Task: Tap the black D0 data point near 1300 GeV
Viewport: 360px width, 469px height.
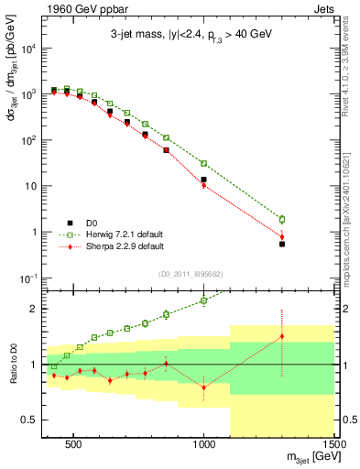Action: [x=282, y=244]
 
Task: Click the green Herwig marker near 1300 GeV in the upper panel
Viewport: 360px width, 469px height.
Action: [x=282, y=220]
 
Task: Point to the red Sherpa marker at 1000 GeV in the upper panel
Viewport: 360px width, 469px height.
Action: [x=203, y=186]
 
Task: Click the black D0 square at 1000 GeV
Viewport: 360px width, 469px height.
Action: [x=203, y=180]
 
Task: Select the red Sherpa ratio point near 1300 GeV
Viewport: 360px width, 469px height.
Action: [x=282, y=336]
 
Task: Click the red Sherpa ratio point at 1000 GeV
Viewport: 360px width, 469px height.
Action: [x=203, y=387]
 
